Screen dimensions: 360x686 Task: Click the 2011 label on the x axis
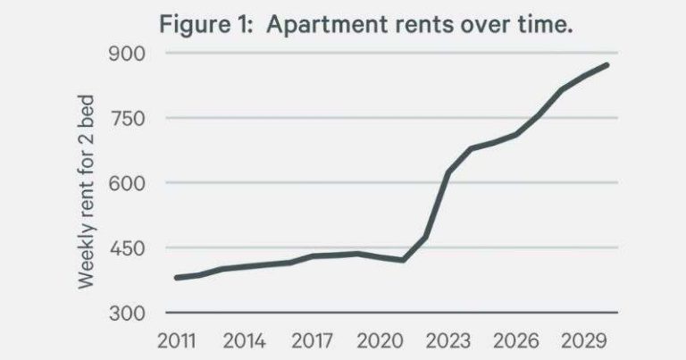(176, 342)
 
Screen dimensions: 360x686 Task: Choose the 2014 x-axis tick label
(245, 342)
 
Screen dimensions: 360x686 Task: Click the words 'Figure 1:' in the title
(198, 24)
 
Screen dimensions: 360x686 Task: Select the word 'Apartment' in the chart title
(310, 24)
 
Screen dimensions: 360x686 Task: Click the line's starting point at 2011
(176, 278)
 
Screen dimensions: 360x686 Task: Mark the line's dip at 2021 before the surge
(403, 260)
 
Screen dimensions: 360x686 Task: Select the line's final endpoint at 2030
(607, 64)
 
